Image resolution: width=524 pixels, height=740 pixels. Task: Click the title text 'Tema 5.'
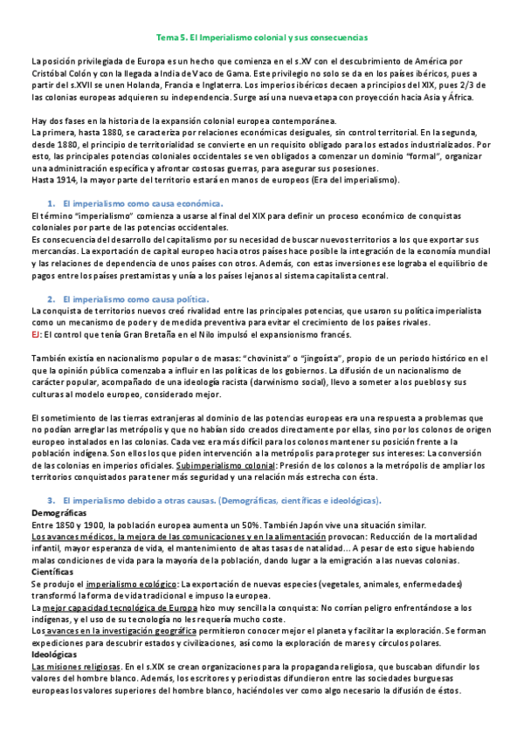click(x=170, y=38)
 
